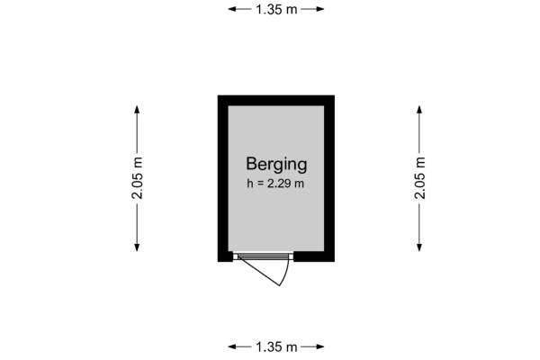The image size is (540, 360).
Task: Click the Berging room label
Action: tap(276, 165)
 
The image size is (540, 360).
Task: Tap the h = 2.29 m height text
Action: tap(275, 184)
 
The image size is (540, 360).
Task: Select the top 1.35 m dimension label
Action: tap(276, 9)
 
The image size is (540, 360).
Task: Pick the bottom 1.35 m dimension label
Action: tap(276, 346)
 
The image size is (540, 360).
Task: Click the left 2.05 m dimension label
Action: tap(137, 178)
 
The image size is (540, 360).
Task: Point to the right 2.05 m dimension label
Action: tap(419, 178)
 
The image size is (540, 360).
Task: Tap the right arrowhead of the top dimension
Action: tap(320, 9)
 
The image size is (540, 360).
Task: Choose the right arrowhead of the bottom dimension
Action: tap(320, 346)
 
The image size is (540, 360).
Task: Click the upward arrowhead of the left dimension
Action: tap(137, 110)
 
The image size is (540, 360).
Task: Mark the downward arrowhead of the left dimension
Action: tap(137, 247)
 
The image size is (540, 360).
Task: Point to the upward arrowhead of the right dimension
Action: tap(419, 110)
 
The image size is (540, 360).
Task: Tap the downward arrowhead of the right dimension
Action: tap(419, 247)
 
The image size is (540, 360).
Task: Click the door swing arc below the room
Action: tap(285, 272)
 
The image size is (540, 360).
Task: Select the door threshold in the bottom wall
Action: tap(263, 256)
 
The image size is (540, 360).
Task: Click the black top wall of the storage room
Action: tap(276, 100)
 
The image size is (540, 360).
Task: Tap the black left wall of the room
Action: tap(223, 178)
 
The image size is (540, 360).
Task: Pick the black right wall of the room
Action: tap(329, 178)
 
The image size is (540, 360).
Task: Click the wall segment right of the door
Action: tap(314, 256)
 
